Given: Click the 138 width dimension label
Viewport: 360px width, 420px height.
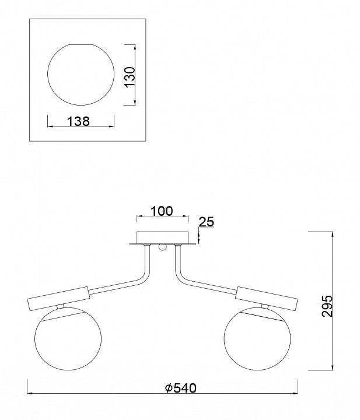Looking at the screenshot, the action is click(x=78, y=121).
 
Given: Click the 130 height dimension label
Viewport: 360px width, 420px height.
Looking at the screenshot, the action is click(x=130, y=77).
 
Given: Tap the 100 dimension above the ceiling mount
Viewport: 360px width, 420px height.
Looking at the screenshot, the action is click(x=162, y=211).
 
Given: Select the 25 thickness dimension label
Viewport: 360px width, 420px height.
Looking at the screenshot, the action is click(x=207, y=222).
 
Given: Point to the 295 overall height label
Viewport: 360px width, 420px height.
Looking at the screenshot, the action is click(x=327, y=306).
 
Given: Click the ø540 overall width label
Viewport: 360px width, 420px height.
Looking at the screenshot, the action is click(x=181, y=388).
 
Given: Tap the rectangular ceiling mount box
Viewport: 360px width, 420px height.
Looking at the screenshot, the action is click(x=163, y=237).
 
